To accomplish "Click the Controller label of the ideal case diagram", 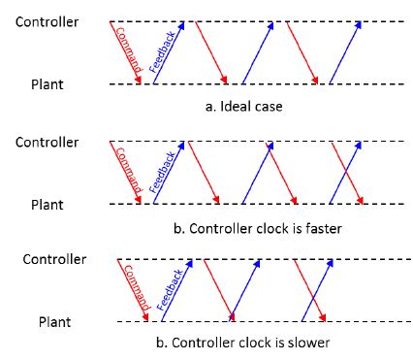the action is (x=48, y=21).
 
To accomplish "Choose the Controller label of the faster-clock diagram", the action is (x=48, y=142).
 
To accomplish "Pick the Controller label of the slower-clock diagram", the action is (x=54, y=259).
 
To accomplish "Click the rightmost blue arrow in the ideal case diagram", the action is (x=346, y=52).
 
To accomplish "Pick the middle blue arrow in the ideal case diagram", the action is (x=259, y=52).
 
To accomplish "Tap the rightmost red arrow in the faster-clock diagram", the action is (x=348, y=173).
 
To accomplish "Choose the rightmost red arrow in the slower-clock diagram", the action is (x=308, y=289).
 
